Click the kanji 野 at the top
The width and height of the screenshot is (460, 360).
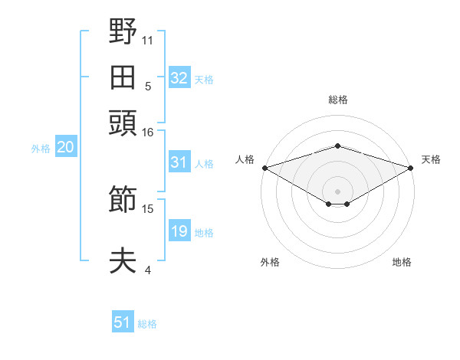[x=123, y=31]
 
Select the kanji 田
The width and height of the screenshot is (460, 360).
[x=123, y=77]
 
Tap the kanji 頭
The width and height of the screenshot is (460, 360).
[x=123, y=123]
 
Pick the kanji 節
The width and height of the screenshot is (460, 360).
[x=123, y=198]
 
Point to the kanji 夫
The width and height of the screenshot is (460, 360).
[x=123, y=260]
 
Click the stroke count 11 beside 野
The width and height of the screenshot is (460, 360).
[x=147, y=41]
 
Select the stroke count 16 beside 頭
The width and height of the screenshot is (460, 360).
[x=147, y=133]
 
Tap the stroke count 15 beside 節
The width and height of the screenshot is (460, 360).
[x=147, y=209]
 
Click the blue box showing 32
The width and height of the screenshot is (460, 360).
[x=179, y=77]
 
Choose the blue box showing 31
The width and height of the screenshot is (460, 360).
[x=179, y=162]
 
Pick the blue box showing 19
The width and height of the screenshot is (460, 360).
[x=179, y=230]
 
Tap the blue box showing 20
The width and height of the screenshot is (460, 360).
[x=66, y=146]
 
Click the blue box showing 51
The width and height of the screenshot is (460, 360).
[x=123, y=321]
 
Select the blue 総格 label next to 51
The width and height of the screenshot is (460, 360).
[x=147, y=324]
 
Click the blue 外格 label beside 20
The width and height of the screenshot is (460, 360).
[x=41, y=149]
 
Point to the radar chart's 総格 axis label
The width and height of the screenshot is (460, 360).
[x=338, y=100]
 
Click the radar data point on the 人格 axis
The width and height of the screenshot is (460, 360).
[x=265, y=168]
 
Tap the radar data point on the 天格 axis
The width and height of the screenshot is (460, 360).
[x=411, y=168]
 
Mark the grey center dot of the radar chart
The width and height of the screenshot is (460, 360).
[x=337, y=191]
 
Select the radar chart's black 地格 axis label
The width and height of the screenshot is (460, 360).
[x=402, y=262]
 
